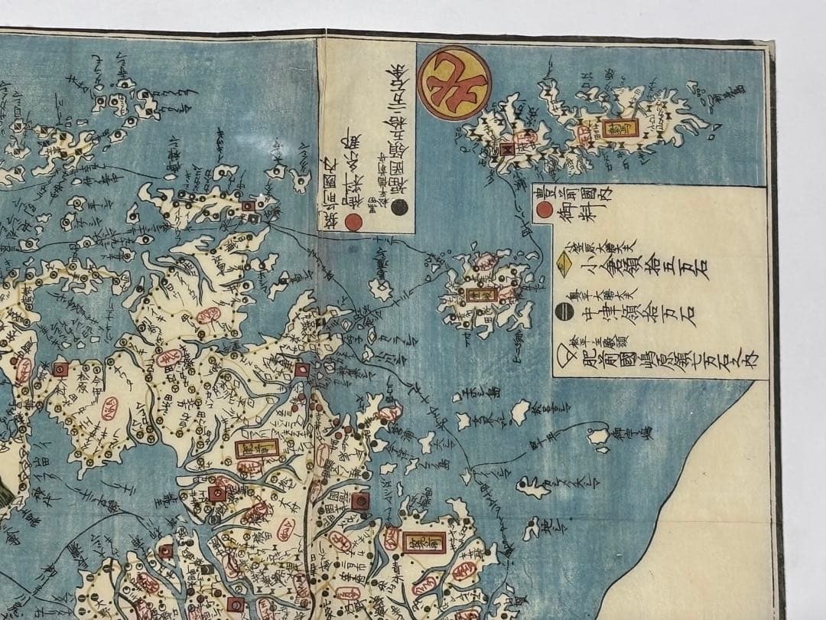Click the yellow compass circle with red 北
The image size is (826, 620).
454,83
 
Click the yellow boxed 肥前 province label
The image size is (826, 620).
256,449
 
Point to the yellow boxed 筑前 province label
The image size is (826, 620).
424,542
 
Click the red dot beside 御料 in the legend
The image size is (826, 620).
545,210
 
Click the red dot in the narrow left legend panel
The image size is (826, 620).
353,222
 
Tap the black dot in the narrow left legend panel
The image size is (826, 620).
397,207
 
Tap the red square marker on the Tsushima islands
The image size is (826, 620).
505,149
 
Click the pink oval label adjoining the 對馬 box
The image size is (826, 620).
584,134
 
